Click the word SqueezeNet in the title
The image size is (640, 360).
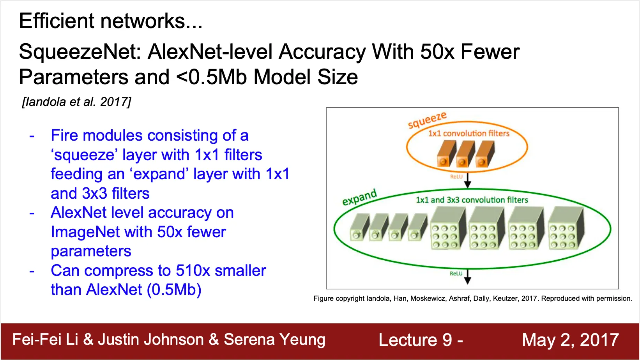tap(80, 52)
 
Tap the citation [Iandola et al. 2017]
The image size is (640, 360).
tap(76, 102)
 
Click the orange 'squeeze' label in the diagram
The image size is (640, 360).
tap(427, 120)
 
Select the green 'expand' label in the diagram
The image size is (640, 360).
tap(360, 197)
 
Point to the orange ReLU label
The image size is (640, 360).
tap(456, 177)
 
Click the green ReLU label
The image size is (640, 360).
tap(456, 274)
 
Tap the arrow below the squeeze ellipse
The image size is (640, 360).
tap(467, 180)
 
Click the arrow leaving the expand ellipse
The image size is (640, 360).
tap(467, 277)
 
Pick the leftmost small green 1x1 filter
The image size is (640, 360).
tap(359, 228)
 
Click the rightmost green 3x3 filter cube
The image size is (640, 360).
tap(566, 228)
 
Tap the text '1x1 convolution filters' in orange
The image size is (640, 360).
tap(469, 133)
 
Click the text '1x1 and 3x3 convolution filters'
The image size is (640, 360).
tap(472, 200)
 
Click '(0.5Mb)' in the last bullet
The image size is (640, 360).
tap(174, 290)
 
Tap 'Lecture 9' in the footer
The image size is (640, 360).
tap(415, 340)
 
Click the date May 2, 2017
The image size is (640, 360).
tap(570, 340)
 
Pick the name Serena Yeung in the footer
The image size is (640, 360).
tap(274, 340)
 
